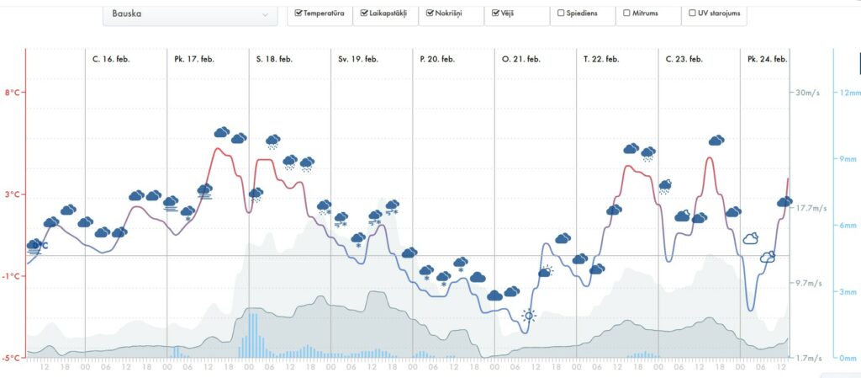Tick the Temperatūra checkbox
pyautogui.click(x=299, y=13)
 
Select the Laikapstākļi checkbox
pyautogui.click(x=364, y=13)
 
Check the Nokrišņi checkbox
pyautogui.click(x=430, y=13)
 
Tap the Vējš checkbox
pyautogui.click(x=496, y=13)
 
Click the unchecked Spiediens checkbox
pyautogui.click(x=561, y=13)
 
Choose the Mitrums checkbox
pyautogui.click(x=626, y=13)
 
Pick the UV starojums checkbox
pyautogui.click(x=692, y=13)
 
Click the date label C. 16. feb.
pyautogui.click(x=113, y=59)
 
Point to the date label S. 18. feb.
pyautogui.click(x=274, y=59)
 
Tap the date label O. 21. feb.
pyautogui.click(x=520, y=59)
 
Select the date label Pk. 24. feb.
pyautogui.click(x=767, y=59)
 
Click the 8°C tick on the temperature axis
pyautogui.click(x=13, y=93)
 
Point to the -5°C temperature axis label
pyautogui.click(x=12, y=358)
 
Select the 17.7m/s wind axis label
pyautogui.click(x=811, y=208)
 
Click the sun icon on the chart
pyautogui.click(x=529, y=316)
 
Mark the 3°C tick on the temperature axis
pyautogui.click(x=13, y=194)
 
